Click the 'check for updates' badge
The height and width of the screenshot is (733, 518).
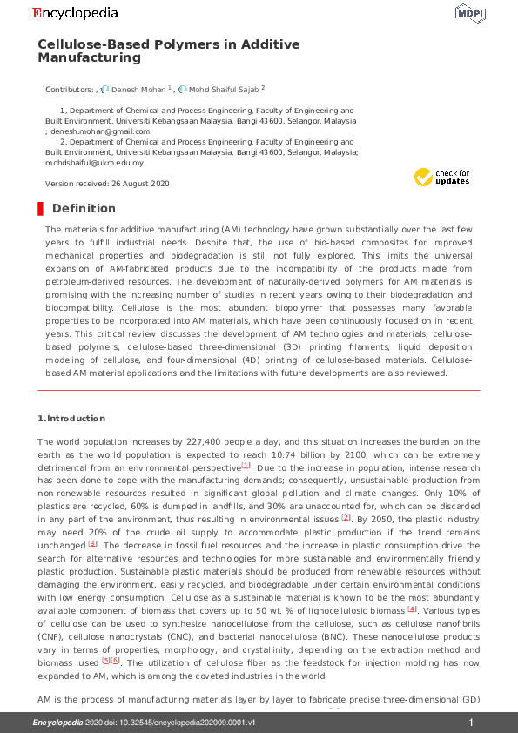click(441, 177)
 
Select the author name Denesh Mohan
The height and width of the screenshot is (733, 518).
click(138, 89)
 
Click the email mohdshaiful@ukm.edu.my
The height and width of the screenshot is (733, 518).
click(95, 163)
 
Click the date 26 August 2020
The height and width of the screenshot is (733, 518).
click(140, 184)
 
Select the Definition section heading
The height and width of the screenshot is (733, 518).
click(84, 208)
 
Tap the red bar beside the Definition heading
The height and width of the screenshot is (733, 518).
click(40, 208)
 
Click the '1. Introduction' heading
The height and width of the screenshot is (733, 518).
click(71, 419)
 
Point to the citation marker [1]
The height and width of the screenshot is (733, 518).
click(246, 467)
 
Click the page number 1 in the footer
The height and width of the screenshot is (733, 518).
click(471, 723)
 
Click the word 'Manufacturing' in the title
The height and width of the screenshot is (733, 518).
click(89, 58)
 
